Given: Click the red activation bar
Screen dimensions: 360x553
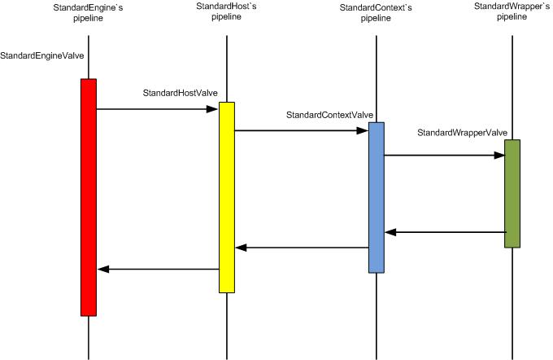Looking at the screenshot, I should point(89,196).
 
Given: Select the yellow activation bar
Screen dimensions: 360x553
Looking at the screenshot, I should point(227,196).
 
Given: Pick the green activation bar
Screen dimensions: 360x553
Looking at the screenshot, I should point(512,193).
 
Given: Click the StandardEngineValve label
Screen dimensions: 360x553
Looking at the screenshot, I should point(42,56).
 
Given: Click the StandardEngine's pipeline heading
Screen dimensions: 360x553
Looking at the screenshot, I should point(87,13).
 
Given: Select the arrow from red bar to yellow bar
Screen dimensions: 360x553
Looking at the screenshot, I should point(158,108).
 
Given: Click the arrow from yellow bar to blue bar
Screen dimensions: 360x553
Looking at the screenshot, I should point(301,130).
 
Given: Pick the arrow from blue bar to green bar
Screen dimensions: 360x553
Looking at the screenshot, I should point(443,154).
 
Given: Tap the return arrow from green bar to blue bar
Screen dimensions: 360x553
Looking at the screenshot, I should point(444,233).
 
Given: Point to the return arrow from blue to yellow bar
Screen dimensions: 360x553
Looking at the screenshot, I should point(301,248).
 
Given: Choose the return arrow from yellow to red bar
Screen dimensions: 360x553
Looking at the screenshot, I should point(158,269).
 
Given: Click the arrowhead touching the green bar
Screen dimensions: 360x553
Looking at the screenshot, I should point(499,154).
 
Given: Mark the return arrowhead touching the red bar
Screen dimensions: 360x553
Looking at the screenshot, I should point(102,269).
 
